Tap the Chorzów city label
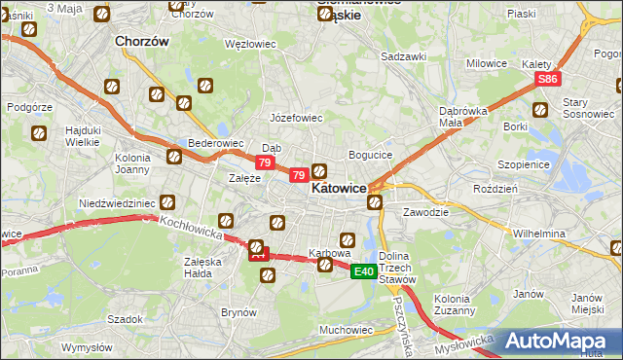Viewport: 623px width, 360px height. coord(142,42)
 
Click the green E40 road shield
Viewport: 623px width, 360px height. coord(364,271)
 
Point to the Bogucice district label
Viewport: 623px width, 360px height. coord(370,155)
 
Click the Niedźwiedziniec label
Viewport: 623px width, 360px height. coord(117,203)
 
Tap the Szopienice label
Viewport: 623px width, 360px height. coord(524,164)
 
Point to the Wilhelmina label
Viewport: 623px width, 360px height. coord(539,234)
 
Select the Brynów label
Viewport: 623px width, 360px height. coord(238,312)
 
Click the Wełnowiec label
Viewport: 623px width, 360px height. coord(251,44)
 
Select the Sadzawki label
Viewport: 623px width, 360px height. coord(404,56)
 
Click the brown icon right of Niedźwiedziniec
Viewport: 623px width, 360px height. coord(167,202)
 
